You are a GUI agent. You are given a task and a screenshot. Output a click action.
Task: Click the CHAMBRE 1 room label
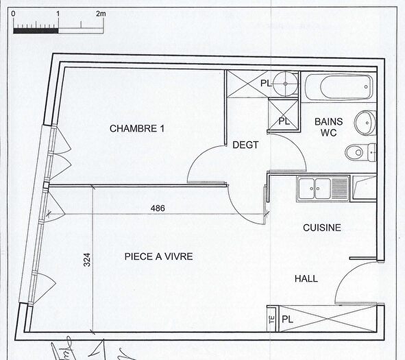137,128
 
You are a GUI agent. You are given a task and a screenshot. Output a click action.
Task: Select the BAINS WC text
328,127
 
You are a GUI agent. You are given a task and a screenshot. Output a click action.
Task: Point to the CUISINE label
321,228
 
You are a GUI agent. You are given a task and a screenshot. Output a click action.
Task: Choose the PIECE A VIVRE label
158,256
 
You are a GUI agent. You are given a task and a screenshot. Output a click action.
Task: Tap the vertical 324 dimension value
87,260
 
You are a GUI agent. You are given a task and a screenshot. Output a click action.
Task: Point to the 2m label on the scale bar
101,14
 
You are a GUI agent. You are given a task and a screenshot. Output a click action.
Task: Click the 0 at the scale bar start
14,14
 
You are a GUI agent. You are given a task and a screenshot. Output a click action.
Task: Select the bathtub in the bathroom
339,88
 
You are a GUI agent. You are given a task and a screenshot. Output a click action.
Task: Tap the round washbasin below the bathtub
363,123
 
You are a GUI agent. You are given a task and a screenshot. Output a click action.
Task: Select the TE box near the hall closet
271,319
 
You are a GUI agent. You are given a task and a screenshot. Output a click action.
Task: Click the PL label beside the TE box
287,319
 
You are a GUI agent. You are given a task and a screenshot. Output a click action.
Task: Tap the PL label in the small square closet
284,121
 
